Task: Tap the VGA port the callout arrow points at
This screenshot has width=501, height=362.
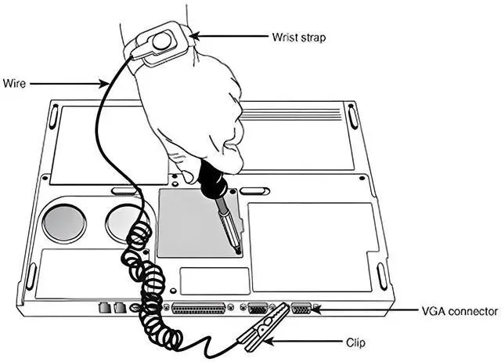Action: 301,308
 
